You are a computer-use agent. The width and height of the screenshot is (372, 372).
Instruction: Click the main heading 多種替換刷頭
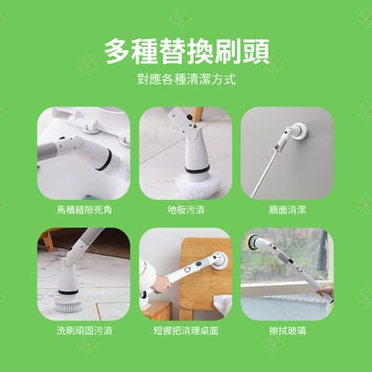pos(186,48)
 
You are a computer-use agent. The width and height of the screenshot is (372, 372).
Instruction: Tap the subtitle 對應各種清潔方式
pos(186,80)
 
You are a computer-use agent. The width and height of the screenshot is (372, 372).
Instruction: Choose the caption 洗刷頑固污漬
pos(83,330)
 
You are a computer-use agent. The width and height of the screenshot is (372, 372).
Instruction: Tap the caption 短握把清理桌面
pos(185,330)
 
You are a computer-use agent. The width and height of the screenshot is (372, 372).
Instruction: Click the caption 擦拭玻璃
pos(287,330)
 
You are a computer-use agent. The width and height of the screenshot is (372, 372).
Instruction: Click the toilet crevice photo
pos(83,153)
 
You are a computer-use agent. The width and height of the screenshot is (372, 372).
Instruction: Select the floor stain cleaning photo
pos(185,153)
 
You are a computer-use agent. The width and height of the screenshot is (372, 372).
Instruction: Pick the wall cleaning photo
pos(287,153)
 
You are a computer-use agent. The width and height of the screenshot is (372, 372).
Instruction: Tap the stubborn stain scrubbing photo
pos(83,273)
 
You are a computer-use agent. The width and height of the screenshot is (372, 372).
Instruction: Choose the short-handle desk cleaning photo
pos(185,273)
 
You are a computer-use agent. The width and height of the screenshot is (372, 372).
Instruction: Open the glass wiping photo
pos(287,273)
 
